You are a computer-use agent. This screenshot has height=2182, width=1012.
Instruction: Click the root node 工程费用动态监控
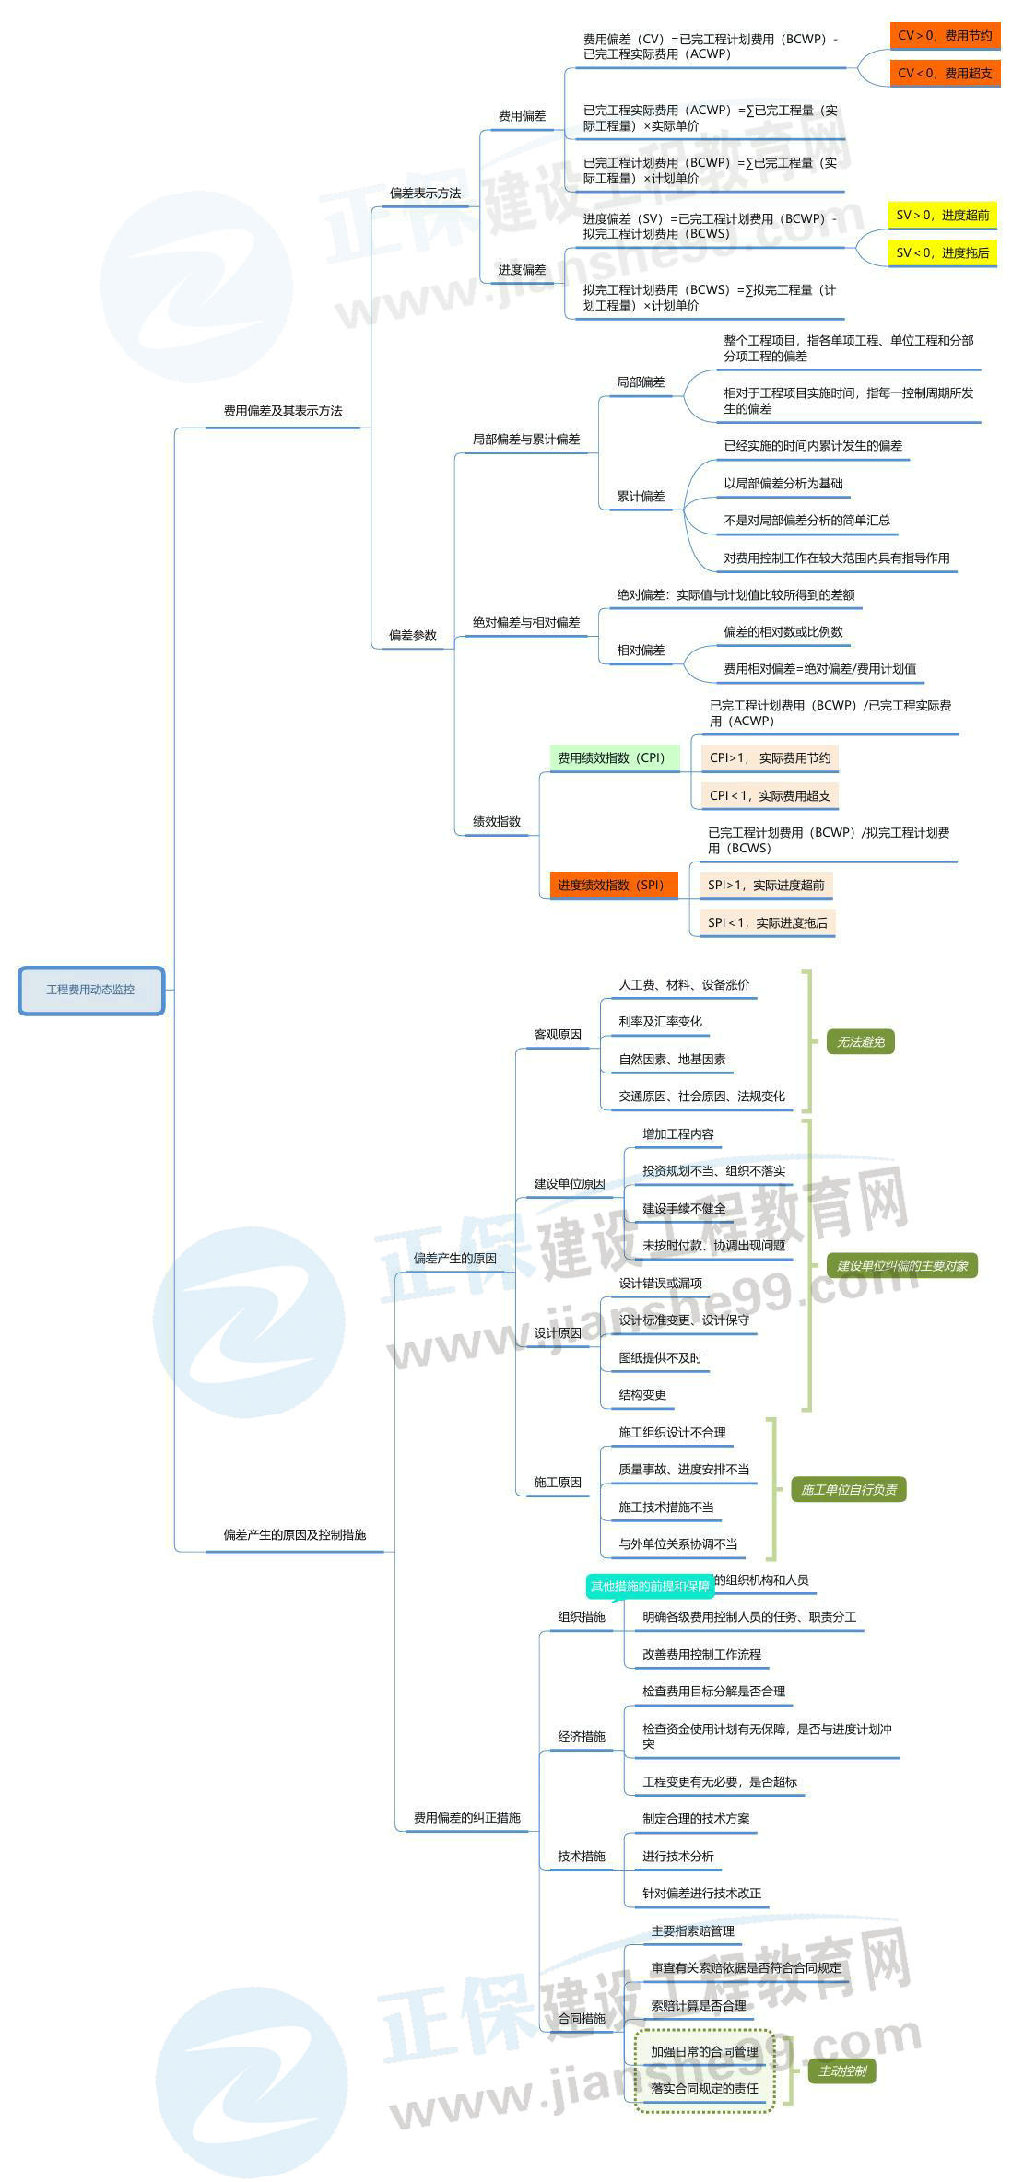pos(90,990)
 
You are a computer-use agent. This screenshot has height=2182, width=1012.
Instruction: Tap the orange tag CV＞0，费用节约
pos(945,35)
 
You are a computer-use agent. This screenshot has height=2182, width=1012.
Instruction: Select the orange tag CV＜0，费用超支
pos(945,73)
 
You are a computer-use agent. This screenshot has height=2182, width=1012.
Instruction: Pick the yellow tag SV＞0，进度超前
pos(942,215)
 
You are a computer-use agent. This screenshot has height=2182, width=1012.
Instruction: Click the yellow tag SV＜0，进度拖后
pos(942,252)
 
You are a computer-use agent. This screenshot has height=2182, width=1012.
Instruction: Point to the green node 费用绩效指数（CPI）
pos(612,757)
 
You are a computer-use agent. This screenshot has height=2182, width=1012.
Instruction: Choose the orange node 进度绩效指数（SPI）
pos(611,885)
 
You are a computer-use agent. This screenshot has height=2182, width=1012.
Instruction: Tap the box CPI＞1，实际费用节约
pos(770,757)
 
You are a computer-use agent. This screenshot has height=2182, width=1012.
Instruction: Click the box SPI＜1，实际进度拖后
pos(767,922)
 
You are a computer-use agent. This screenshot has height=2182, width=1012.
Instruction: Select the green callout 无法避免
pos(860,1041)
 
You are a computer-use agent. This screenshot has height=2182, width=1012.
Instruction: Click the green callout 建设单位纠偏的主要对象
pos(901,1265)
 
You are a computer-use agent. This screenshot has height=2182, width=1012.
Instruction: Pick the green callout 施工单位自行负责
pos(848,1489)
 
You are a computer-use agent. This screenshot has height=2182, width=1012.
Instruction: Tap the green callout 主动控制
pos(842,2071)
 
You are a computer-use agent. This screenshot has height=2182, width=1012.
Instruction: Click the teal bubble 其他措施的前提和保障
pos(650,1586)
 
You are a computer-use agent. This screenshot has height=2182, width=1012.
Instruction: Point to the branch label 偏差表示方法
pos(425,194)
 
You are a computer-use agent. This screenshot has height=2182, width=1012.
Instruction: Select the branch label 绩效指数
pos(497,821)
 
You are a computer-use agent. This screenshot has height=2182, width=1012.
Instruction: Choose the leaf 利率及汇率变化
pos(660,1021)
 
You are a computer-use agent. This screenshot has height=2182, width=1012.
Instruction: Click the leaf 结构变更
pos(642,1394)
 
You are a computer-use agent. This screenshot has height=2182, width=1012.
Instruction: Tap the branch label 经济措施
pos(581,1736)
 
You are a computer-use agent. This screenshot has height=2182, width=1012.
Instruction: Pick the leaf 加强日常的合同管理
pos(704,2051)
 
